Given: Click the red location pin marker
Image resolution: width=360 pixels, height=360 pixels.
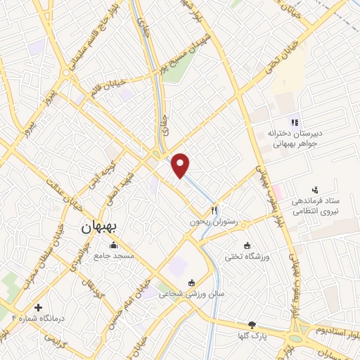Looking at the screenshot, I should click(181, 165).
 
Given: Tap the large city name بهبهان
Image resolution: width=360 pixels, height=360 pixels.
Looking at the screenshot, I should click(92, 227).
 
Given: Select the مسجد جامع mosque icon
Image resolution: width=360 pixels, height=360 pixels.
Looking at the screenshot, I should click(115, 245).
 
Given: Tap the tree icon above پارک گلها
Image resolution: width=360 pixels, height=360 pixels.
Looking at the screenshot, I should click(252, 325).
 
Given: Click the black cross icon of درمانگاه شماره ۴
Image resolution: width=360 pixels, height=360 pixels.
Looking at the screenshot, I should click(38, 307).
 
